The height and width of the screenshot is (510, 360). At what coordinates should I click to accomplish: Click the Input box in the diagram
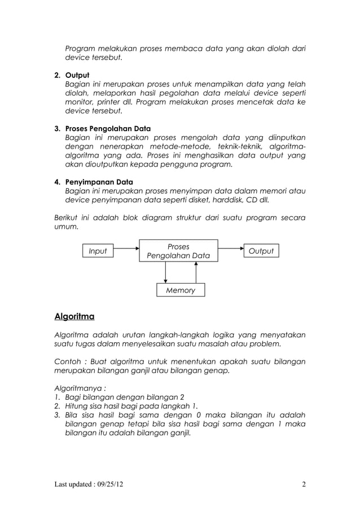click(x=98, y=251)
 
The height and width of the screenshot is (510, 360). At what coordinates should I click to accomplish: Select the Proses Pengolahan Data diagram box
click(x=178, y=251)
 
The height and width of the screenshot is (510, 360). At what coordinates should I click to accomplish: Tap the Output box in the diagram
click(x=261, y=251)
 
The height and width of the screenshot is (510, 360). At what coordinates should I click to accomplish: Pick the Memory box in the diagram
click(x=180, y=290)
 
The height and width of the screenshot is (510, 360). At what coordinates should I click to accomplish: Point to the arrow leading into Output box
click(x=230, y=247)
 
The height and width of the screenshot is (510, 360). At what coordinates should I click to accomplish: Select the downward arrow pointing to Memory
click(x=165, y=273)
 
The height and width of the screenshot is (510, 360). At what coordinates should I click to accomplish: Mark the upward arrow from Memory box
click(x=195, y=273)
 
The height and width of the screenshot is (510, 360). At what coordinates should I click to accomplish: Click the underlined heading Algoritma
click(x=74, y=315)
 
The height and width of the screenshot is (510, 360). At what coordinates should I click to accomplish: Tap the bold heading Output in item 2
click(x=77, y=75)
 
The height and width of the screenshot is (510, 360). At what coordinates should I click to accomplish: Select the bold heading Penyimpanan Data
click(x=99, y=182)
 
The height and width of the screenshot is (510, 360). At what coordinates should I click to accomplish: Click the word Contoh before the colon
click(x=67, y=361)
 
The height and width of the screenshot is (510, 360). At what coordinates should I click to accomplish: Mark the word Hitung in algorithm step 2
click(x=78, y=406)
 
